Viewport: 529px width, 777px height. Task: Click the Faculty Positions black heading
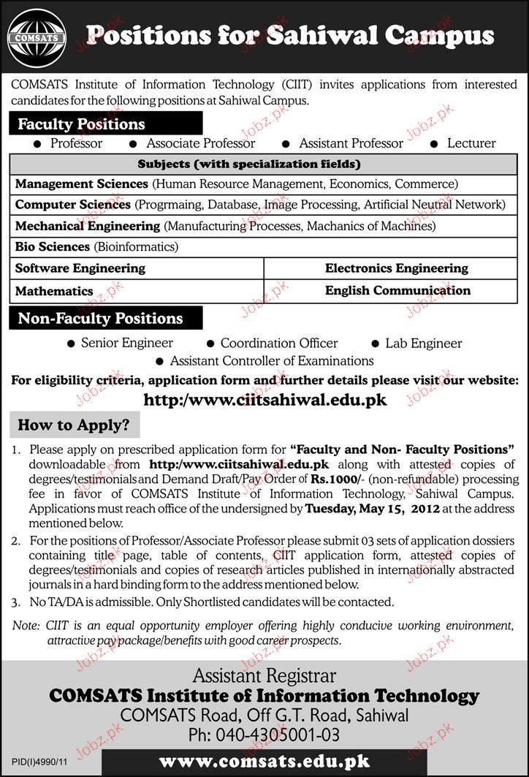(x=82, y=124)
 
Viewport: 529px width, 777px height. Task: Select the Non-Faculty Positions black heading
(x=100, y=319)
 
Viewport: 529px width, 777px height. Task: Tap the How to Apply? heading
(x=73, y=425)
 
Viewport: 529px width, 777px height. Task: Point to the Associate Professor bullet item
(x=200, y=144)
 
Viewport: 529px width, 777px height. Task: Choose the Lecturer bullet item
(x=471, y=144)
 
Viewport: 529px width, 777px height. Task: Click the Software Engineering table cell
(x=80, y=268)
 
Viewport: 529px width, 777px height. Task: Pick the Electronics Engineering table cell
(x=396, y=268)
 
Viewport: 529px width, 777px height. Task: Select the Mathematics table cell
(x=54, y=291)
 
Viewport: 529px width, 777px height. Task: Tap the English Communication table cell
(x=397, y=290)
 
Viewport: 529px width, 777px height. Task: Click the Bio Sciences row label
(x=53, y=247)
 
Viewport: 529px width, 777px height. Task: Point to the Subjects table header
(x=249, y=164)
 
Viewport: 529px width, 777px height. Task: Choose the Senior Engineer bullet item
(x=126, y=343)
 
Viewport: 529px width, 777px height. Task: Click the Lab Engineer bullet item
(x=424, y=343)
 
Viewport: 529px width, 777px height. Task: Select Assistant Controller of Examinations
(x=272, y=361)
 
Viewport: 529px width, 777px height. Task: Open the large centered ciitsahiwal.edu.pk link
(x=264, y=400)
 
